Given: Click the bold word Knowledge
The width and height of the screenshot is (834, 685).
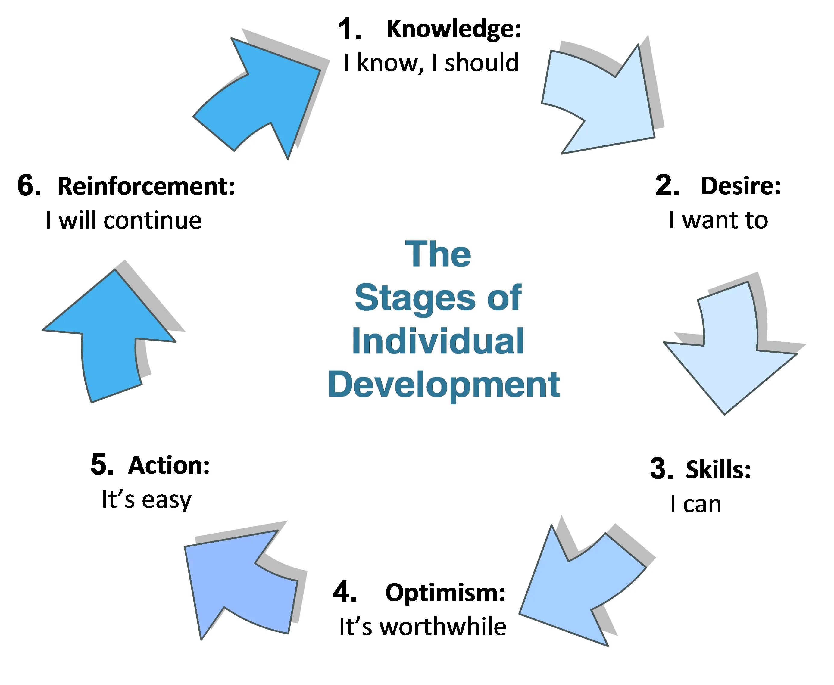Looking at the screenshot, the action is point(454,29).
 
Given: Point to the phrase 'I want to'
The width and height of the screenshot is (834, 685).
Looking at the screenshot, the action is point(718,220).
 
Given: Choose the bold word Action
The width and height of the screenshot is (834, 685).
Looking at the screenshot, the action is point(169,465).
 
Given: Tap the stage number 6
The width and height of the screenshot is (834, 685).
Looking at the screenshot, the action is point(29,186).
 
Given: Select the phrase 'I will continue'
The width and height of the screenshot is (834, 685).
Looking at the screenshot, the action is point(123,220).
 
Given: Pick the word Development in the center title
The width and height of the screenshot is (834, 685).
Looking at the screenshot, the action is point(444,385).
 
